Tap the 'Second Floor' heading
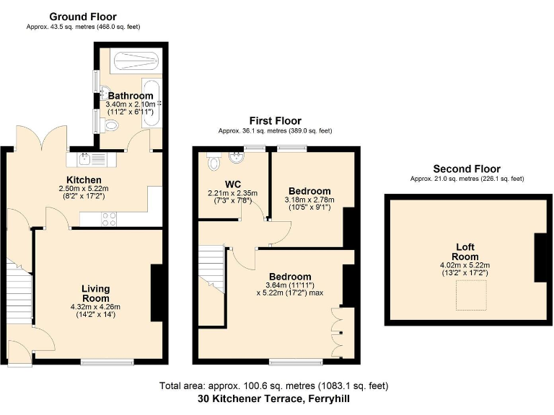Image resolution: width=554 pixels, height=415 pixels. click(x=467, y=169)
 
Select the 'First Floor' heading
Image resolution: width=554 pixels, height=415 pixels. click(x=276, y=121)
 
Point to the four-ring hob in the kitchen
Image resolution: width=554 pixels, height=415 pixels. click(x=110, y=218)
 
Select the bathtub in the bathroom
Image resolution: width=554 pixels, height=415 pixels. click(x=151, y=101)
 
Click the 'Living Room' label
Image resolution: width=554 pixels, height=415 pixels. click(x=95, y=293)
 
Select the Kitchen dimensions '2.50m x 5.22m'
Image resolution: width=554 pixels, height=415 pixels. click(x=84, y=189)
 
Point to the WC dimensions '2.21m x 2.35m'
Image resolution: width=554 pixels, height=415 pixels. click(x=232, y=193)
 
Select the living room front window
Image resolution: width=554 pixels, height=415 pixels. click(x=106, y=361)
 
